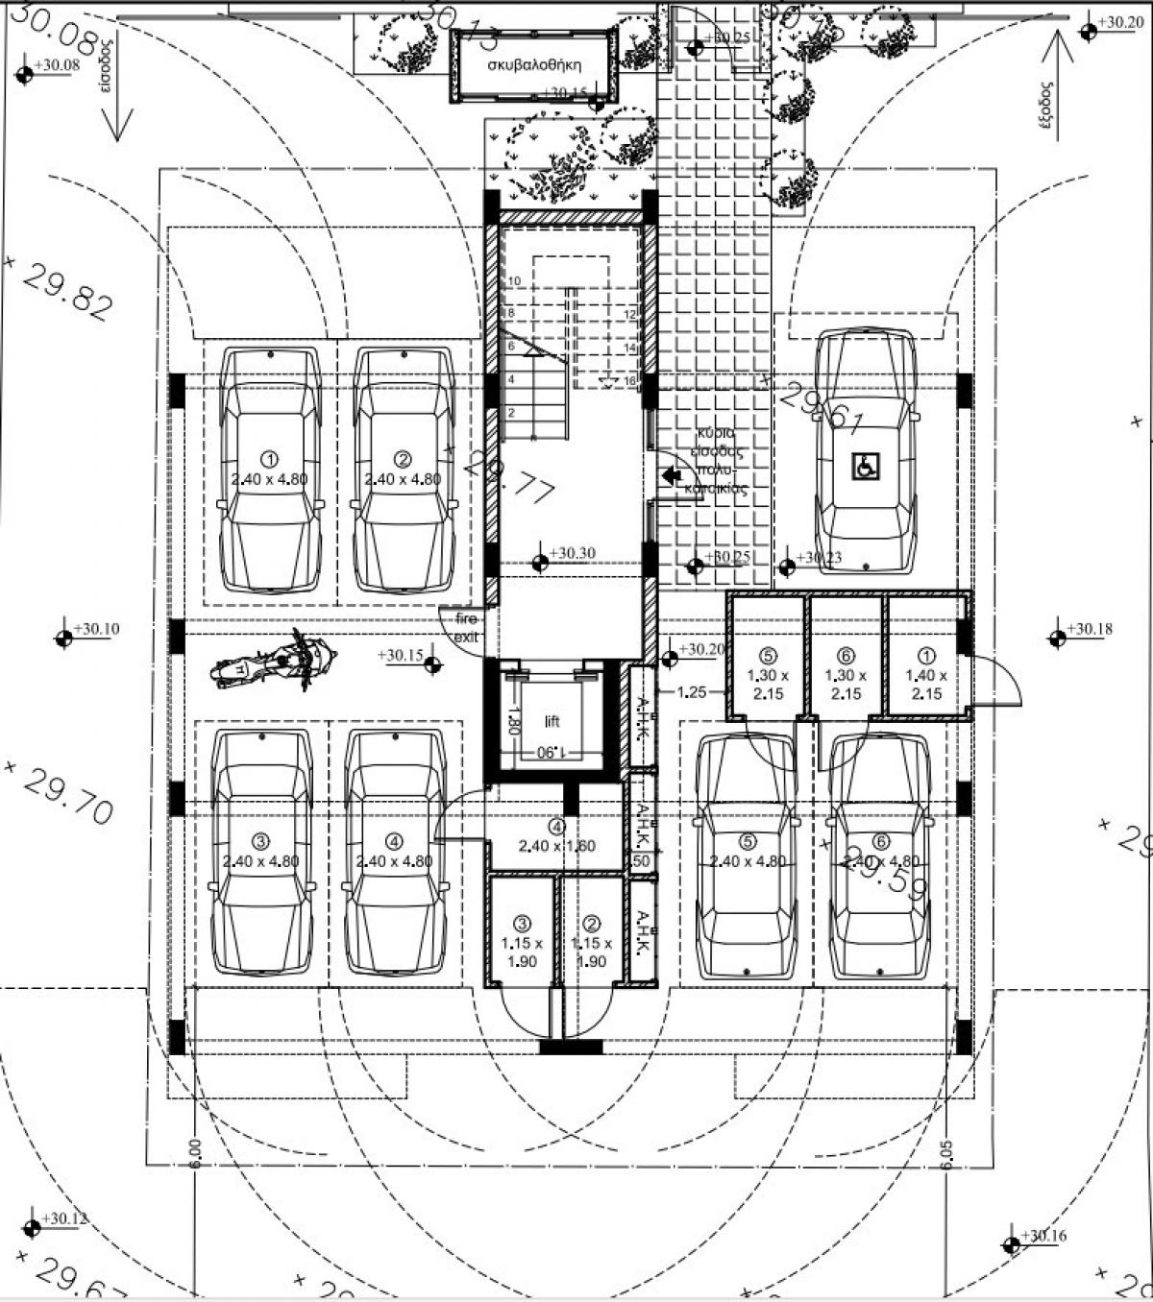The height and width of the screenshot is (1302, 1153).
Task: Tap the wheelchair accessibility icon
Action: tap(865, 467)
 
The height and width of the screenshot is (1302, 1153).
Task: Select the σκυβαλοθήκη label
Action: tap(534, 67)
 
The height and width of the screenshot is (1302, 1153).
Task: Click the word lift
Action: tap(552, 722)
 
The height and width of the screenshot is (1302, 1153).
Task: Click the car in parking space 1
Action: tap(270, 470)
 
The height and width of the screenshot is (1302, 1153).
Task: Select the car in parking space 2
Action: tap(404, 470)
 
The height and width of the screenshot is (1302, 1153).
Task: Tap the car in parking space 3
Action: tap(262, 853)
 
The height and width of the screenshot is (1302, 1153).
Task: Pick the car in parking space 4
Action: tap(395, 853)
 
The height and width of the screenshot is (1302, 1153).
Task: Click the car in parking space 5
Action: tap(747, 855)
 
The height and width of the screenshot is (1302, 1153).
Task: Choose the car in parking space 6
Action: tap(881, 855)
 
